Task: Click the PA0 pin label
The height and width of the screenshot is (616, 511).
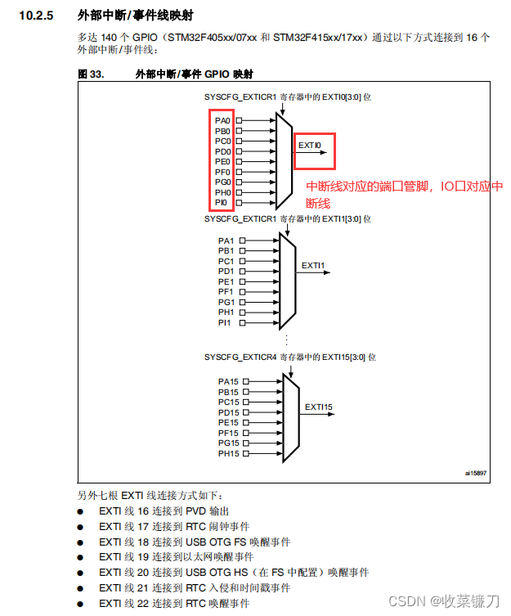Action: point(222,120)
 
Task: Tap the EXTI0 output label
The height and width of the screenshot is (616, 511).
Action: point(310,146)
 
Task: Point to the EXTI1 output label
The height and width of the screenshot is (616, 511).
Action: point(313,266)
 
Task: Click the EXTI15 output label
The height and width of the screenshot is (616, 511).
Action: point(319,407)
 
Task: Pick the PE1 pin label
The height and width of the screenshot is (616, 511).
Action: point(226,281)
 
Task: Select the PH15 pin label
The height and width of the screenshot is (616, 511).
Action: point(228,453)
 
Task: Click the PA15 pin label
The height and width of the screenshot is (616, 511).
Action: point(228,381)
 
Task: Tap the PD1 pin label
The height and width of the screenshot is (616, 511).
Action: point(226,271)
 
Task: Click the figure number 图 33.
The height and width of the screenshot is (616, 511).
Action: point(88,74)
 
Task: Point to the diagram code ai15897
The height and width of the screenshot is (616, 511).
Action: point(475,473)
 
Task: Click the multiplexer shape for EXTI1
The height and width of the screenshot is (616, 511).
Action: point(286,277)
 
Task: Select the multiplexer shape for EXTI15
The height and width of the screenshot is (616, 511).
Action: point(290,416)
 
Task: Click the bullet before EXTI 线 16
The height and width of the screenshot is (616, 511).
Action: point(80,511)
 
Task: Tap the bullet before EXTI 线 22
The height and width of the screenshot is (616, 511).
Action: point(80,604)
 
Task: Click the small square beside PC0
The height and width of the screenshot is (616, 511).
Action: point(239,141)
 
